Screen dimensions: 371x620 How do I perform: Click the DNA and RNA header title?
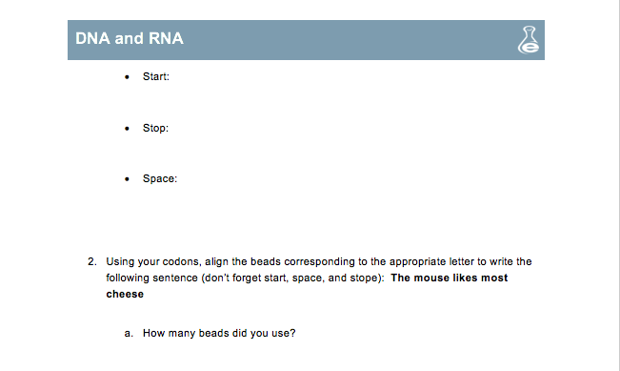(130, 39)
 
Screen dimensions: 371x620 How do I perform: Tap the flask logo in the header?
(526, 39)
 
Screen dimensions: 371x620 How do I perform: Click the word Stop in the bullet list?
(155, 127)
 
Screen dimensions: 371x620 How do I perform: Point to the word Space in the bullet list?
(159, 178)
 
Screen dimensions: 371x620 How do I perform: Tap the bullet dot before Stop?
(128, 127)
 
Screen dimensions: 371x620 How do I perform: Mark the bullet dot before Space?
(128, 178)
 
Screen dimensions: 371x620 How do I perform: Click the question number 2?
(91, 260)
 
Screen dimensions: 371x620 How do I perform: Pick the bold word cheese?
(125, 295)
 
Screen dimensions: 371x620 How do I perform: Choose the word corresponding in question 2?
(318, 260)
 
